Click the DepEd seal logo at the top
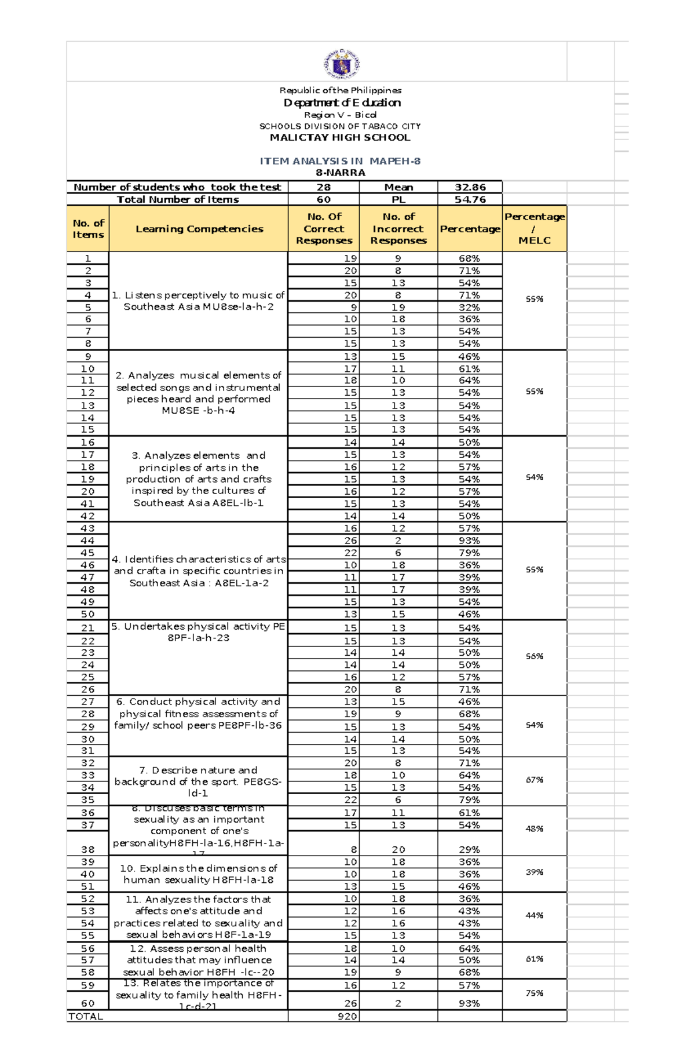(342, 64)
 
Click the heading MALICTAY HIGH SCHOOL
(340, 137)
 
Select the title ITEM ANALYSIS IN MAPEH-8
(340, 161)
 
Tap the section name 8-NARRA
(340, 173)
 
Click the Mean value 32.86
(470, 187)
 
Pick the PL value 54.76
(470, 199)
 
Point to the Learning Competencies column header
(199, 229)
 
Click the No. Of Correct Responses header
(324, 228)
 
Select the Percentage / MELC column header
(534, 228)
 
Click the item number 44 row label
(87, 540)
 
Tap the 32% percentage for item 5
(469, 308)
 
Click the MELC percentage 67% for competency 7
(534, 780)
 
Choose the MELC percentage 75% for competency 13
(534, 993)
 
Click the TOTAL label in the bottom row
(86, 1016)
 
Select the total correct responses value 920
(347, 1016)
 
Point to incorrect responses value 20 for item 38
(398, 849)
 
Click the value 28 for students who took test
(324, 187)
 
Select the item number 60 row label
(87, 1003)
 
